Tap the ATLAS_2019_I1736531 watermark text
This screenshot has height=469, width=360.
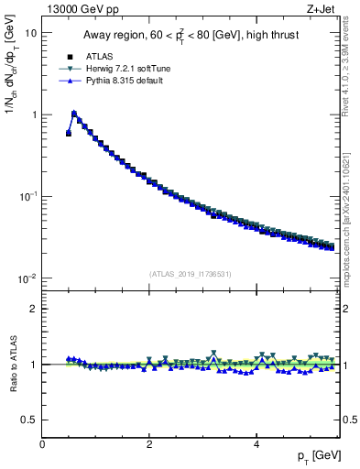[191, 273]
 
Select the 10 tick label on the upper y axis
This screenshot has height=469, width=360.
[30, 33]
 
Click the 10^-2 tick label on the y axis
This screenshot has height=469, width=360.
[27, 278]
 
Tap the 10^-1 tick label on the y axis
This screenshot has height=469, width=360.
[27, 196]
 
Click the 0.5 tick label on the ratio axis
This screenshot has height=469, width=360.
[28, 420]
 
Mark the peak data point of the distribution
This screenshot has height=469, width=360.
[74, 115]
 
